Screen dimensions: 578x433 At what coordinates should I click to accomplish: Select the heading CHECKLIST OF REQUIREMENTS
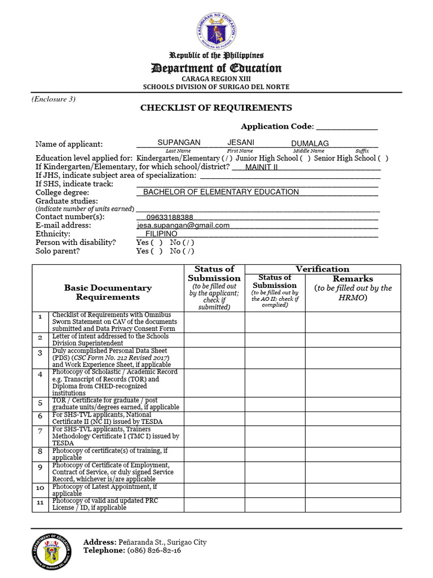216,108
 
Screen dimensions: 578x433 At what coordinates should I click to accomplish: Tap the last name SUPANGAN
178,143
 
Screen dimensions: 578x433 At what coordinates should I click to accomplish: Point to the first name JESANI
241,143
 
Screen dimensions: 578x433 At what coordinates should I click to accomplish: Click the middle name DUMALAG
310,143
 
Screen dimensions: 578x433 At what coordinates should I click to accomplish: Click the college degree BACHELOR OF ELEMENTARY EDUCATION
221,192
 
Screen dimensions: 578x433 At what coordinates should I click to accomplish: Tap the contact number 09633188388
170,217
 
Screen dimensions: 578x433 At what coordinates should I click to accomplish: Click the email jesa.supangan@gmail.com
183,225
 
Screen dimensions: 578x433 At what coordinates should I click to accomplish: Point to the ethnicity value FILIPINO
161,234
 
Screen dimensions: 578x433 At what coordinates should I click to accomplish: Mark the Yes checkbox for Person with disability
157,243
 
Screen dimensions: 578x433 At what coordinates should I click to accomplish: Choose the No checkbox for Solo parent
190,251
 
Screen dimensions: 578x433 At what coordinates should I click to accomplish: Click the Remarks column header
353,279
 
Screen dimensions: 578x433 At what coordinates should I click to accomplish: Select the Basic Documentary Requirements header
108,292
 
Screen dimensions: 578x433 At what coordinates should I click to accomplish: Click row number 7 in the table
40,432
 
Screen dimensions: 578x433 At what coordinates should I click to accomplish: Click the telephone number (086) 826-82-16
154,550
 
